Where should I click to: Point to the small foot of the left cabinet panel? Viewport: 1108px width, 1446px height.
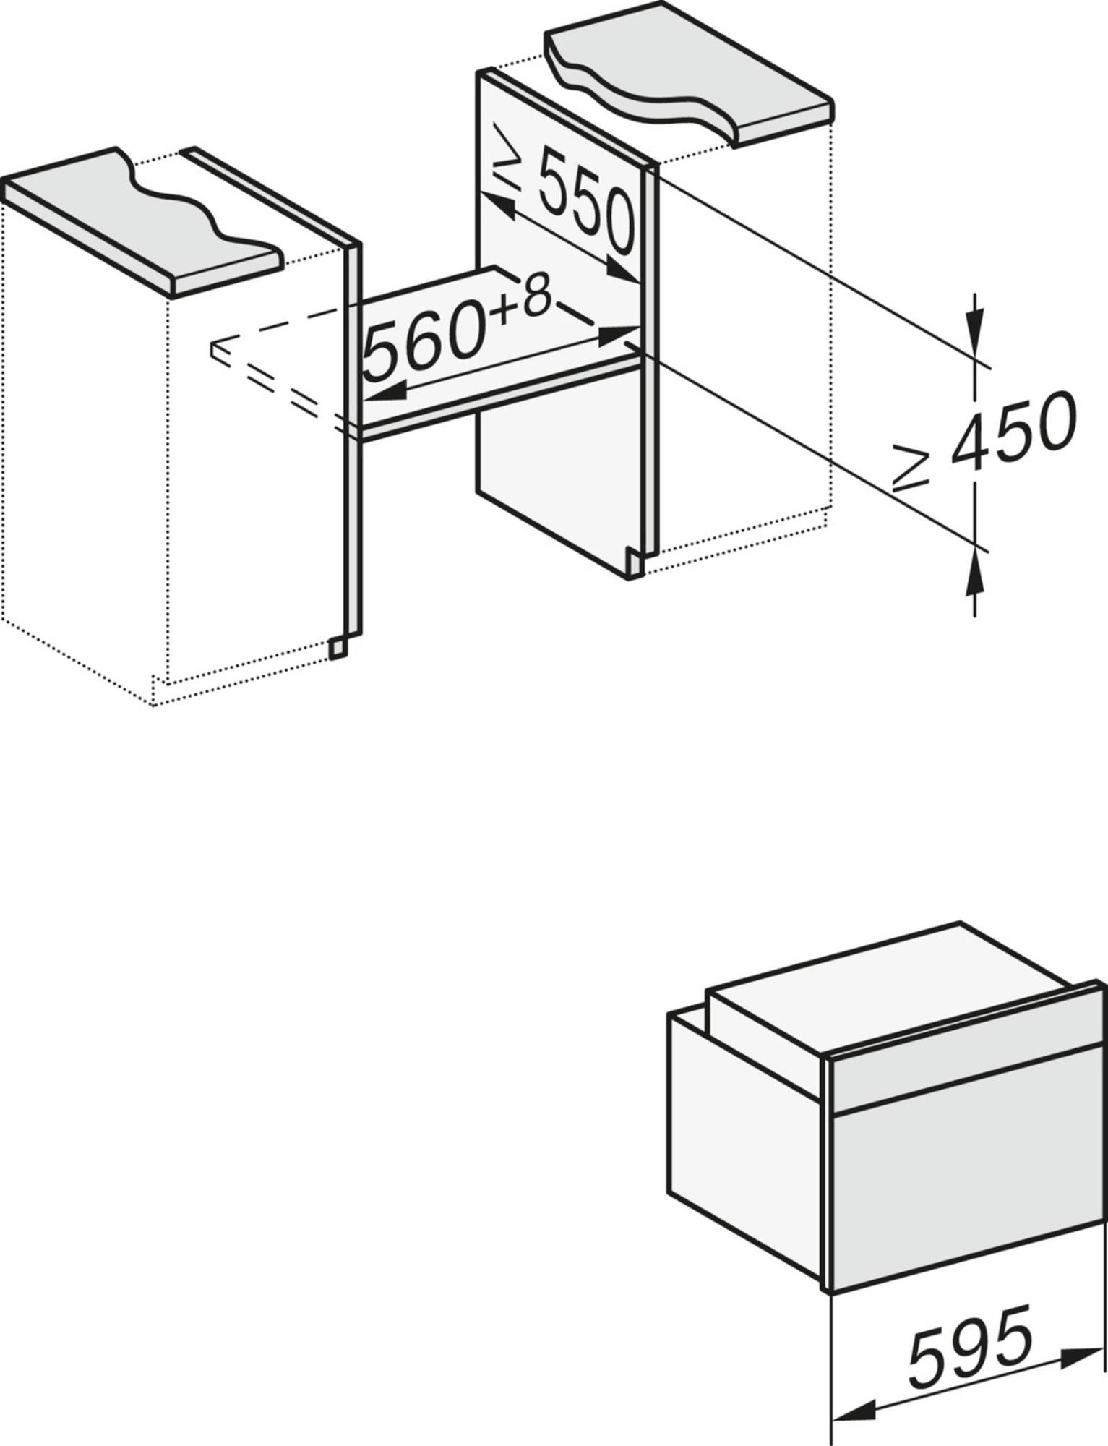tap(337, 649)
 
